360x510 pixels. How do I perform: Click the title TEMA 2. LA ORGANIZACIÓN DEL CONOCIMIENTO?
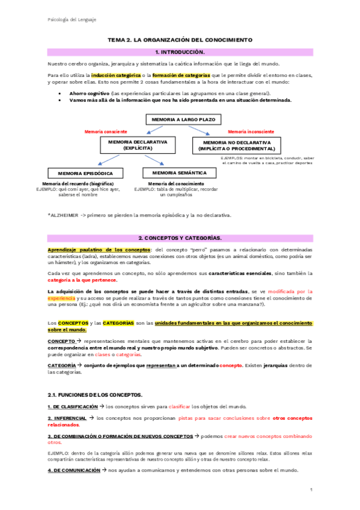click(180, 40)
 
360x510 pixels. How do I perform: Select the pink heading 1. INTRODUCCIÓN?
click(180, 52)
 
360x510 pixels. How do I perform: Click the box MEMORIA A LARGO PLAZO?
click(179, 120)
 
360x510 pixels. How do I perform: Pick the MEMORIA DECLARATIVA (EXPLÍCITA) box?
click(138, 144)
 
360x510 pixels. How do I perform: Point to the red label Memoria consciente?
click(106, 131)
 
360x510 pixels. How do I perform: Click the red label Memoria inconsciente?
click(251, 131)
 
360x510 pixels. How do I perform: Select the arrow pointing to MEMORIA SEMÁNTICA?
click(154, 160)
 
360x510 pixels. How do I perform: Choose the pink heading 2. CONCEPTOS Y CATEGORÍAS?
click(180, 238)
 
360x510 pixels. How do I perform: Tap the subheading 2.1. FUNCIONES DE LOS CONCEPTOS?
click(95, 395)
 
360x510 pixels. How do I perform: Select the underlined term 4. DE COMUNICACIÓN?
click(74, 470)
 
